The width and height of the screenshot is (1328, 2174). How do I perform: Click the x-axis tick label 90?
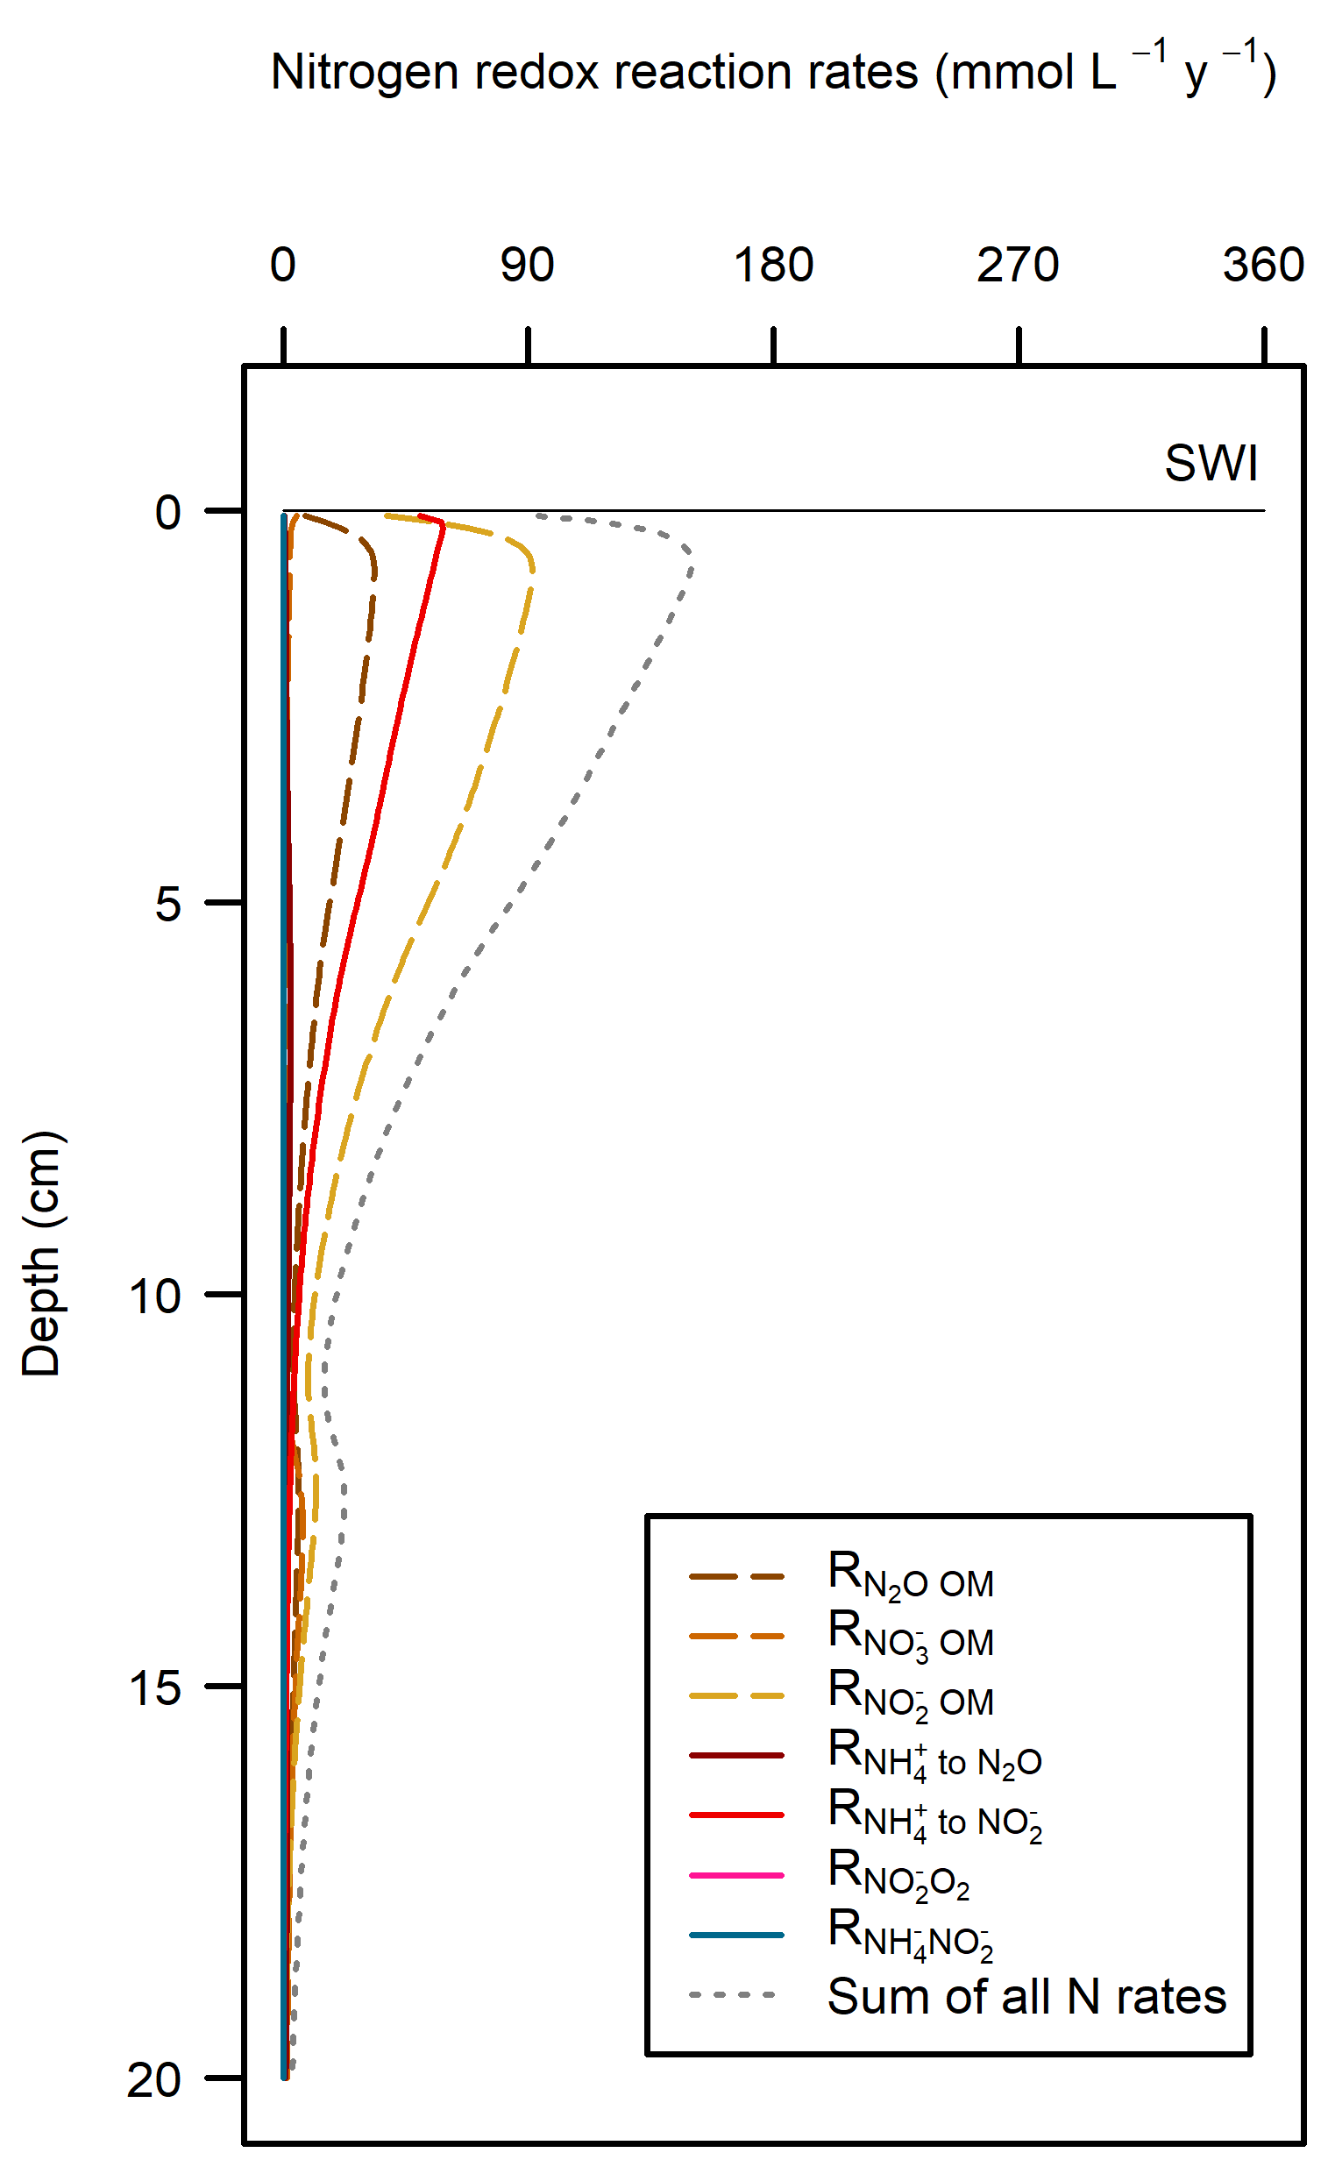pos(527,265)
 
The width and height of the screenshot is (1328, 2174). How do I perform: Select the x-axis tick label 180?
pos(773,265)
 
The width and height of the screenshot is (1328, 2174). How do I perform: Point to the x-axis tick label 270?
pos(1018,265)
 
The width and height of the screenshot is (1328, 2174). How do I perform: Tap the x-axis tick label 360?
pos(1263,265)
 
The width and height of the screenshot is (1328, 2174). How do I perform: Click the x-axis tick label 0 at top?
pos(283,265)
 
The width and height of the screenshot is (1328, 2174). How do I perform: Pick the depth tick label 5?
pos(168,904)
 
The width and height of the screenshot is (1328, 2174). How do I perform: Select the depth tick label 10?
pos(155,1297)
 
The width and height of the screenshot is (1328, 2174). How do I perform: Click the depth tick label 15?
pos(155,1687)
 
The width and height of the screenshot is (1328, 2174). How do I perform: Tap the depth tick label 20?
pos(155,2079)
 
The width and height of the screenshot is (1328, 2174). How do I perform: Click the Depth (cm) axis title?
pos(40,1253)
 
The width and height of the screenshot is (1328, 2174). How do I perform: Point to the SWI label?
pos(1211,463)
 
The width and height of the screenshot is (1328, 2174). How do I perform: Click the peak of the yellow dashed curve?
pos(533,566)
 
